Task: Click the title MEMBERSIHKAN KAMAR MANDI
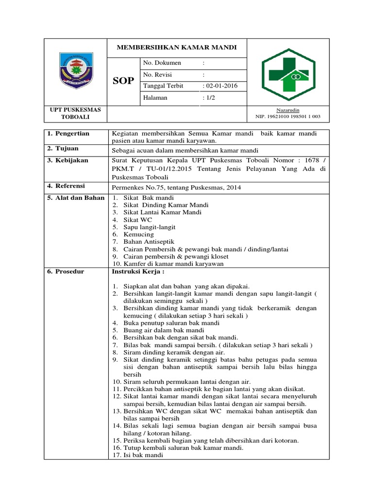(177, 48)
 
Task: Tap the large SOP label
(123, 81)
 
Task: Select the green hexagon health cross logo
(288, 74)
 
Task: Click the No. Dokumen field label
(162, 63)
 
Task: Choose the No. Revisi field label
(158, 74)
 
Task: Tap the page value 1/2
(211, 98)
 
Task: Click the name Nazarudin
(288, 110)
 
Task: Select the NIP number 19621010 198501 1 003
(288, 117)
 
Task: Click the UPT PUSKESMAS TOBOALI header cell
(75, 113)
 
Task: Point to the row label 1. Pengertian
(68, 133)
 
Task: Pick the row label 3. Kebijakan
(68, 160)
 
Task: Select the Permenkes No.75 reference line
(176, 187)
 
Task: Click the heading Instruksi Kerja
(138, 271)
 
